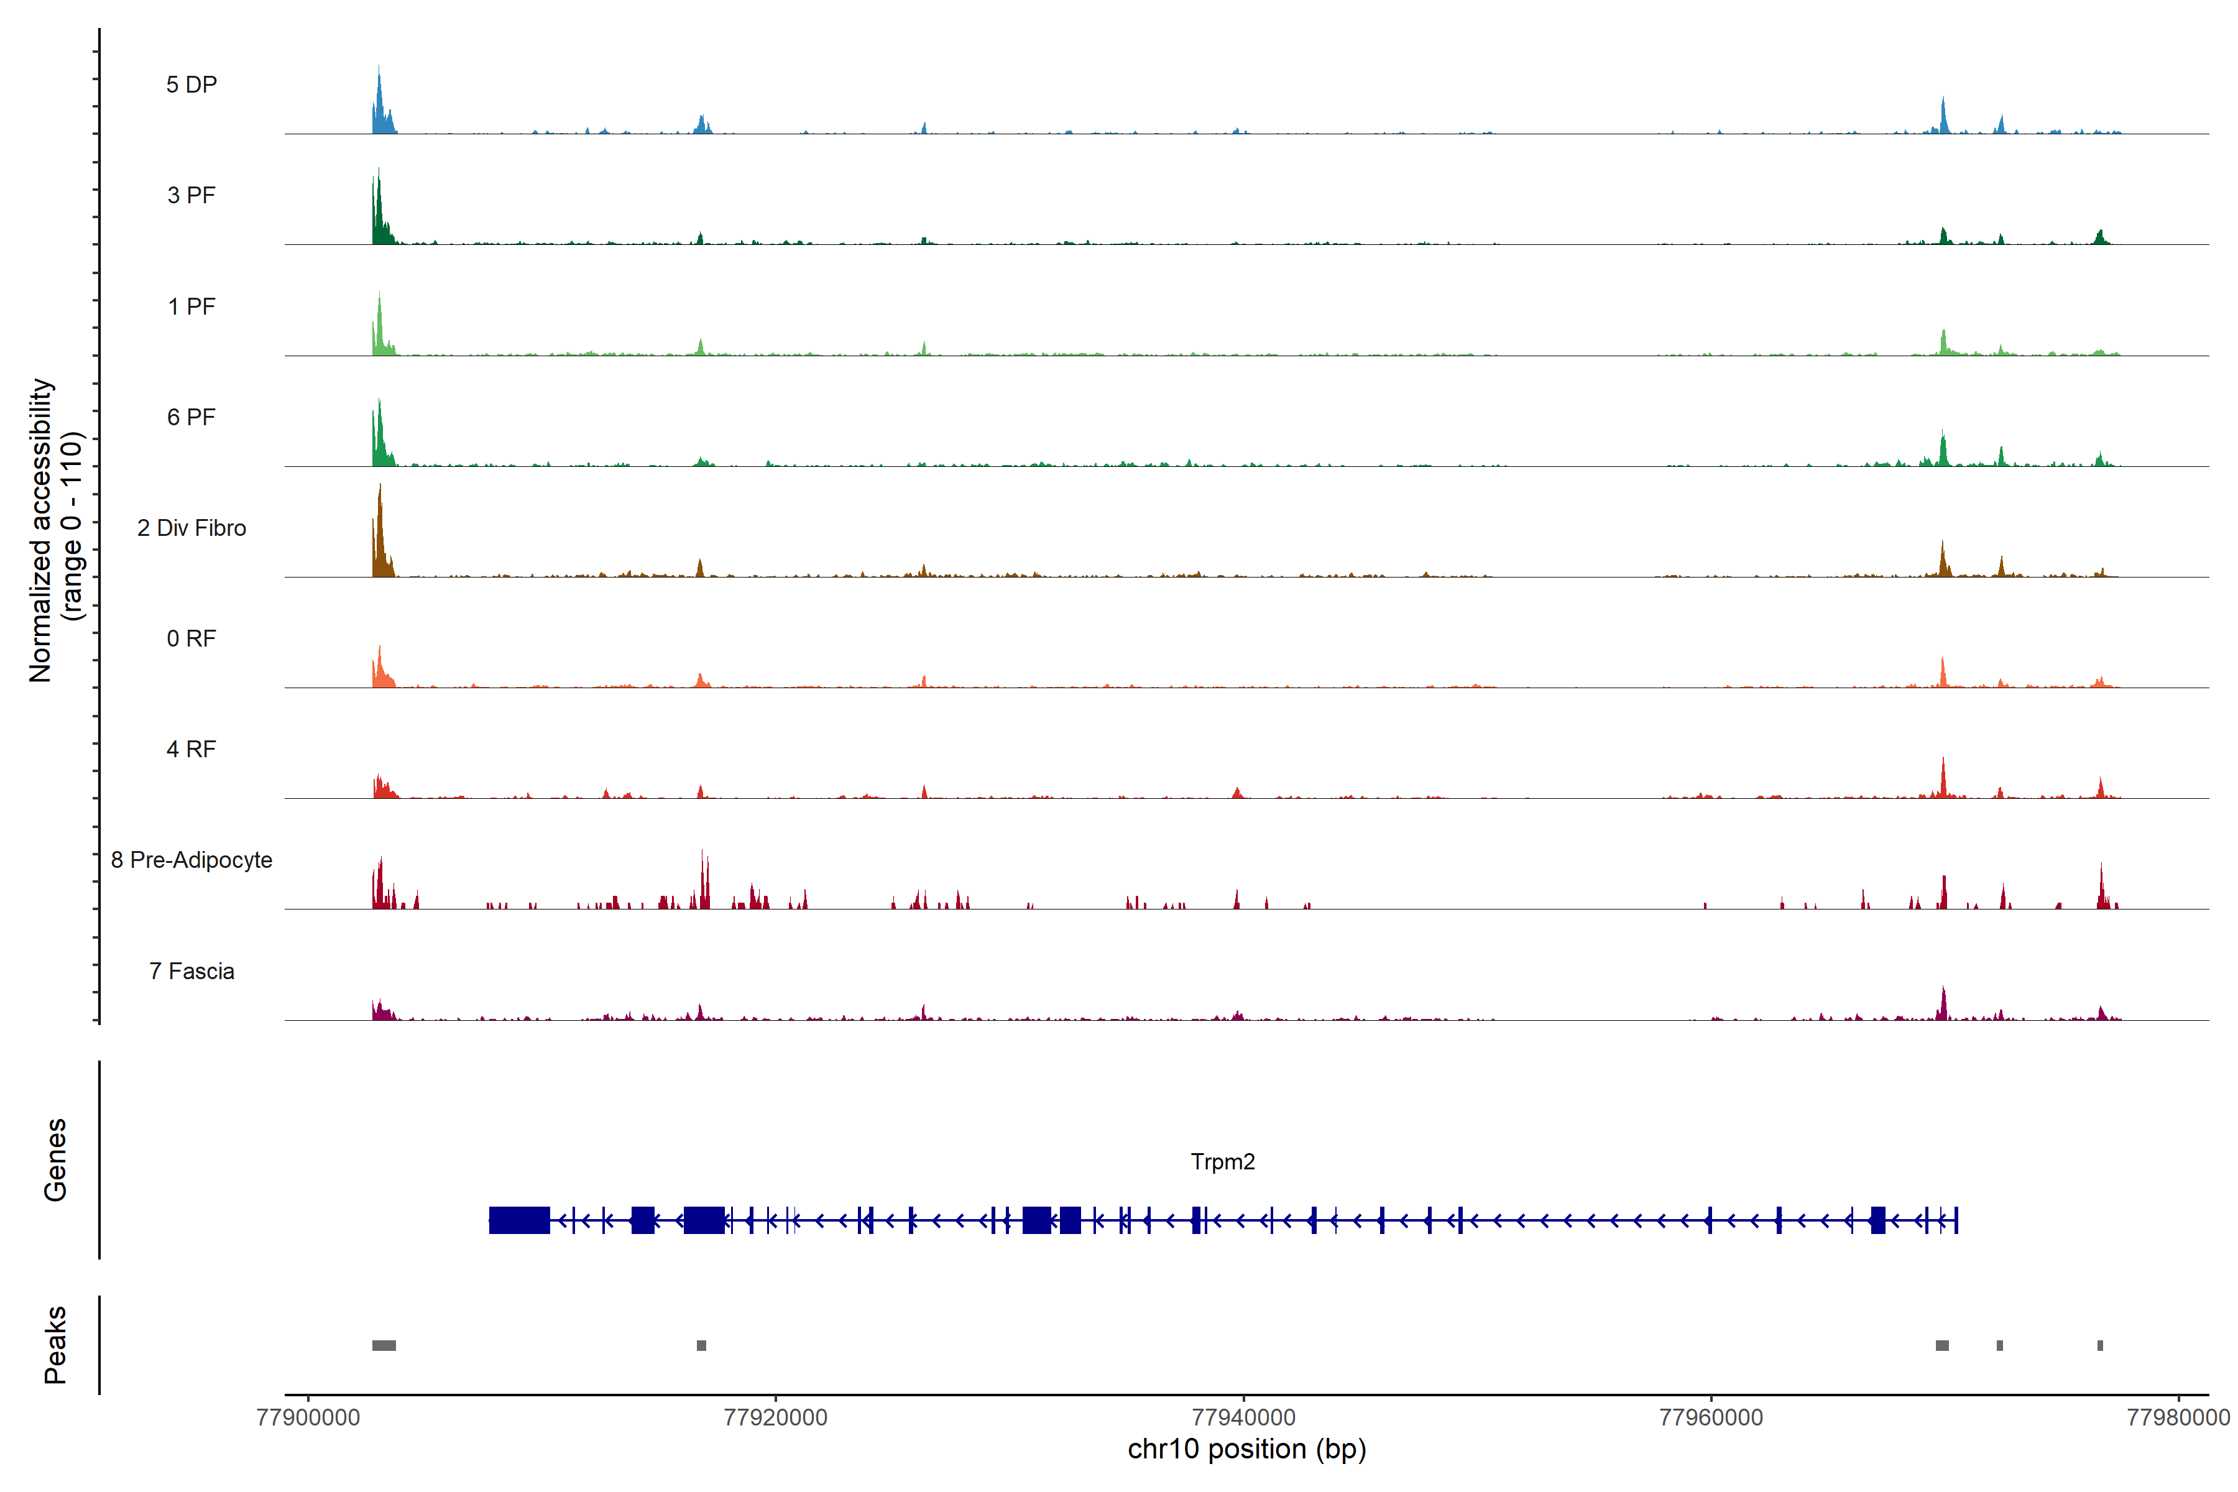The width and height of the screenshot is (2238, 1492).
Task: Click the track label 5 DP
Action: pyautogui.click(x=191, y=85)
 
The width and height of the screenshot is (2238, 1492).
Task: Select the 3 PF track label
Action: pyautogui.click(x=191, y=195)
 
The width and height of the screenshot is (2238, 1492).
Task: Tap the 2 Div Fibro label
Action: pyautogui.click(x=191, y=528)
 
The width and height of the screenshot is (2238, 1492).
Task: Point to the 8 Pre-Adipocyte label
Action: pyautogui.click(x=191, y=860)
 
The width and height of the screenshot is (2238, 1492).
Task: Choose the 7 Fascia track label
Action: pyautogui.click(x=191, y=972)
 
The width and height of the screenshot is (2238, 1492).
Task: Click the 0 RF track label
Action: pyautogui.click(x=191, y=638)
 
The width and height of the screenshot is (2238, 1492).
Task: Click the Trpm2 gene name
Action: pyautogui.click(x=1223, y=1162)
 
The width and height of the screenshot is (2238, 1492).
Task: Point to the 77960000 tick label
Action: pyautogui.click(x=1711, y=1418)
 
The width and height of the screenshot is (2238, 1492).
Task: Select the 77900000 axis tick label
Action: pyautogui.click(x=308, y=1418)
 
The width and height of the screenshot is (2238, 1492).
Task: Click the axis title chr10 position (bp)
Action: pyautogui.click(x=1246, y=1449)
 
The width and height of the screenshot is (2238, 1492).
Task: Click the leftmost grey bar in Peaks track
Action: pyautogui.click(x=384, y=1345)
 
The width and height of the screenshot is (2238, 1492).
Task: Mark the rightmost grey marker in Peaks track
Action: pyautogui.click(x=2100, y=1345)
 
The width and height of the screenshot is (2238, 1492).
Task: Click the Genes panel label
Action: pyautogui.click(x=55, y=1160)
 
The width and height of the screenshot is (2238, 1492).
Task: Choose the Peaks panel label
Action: pyautogui.click(x=55, y=1345)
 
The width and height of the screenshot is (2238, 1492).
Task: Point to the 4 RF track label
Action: pyautogui.click(x=191, y=750)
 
